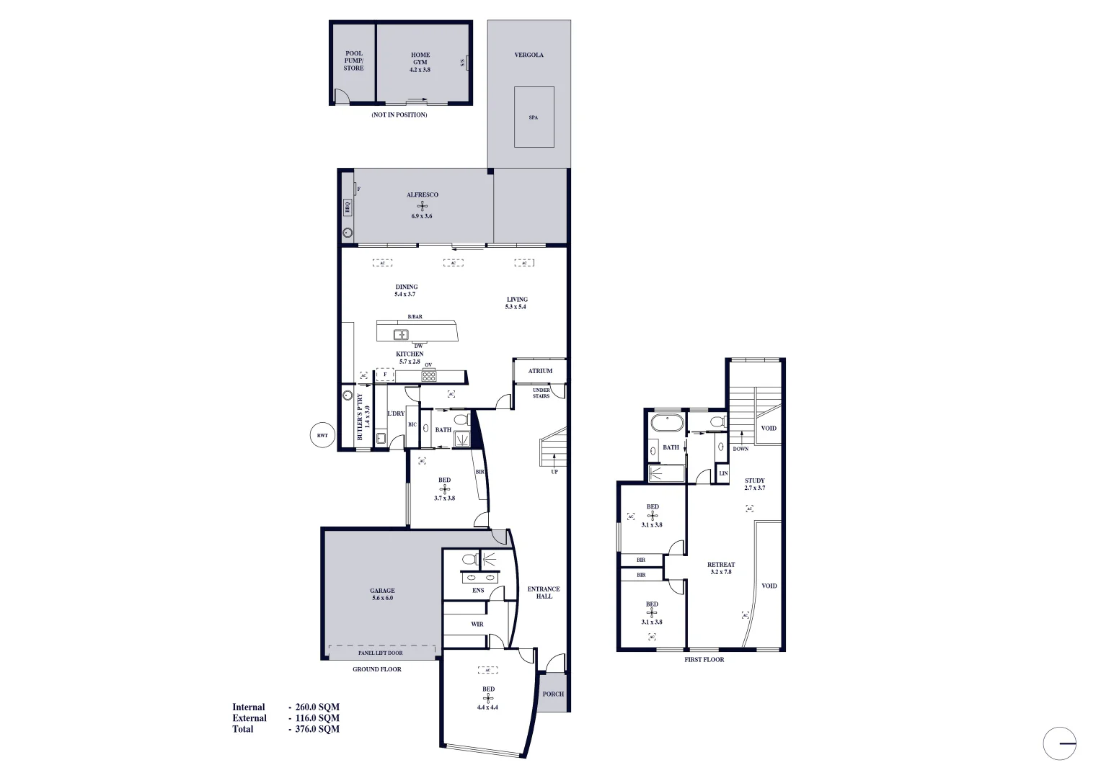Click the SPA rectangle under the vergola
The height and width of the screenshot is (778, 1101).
[534, 117]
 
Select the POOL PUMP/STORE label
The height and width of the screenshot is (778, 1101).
[353, 61]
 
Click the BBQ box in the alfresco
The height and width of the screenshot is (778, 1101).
[347, 207]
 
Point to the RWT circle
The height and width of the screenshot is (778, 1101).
[322, 435]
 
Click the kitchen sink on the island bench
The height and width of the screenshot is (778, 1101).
[401, 334]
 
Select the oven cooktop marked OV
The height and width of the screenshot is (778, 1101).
[428, 375]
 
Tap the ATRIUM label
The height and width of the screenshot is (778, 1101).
[540, 371]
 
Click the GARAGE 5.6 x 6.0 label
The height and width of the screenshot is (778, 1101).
[382, 594]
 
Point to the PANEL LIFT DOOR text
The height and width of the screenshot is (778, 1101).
[381, 653]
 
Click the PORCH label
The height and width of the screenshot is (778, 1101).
[553, 694]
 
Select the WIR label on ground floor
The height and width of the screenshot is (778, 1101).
[477, 624]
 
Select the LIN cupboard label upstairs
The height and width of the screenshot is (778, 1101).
[723, 473]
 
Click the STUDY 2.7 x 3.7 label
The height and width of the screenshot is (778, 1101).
[755, 484]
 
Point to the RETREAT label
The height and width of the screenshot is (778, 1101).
[721, 568]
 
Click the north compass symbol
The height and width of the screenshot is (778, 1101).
[1059, 743]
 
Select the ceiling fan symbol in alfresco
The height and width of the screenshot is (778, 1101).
[422, 205]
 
